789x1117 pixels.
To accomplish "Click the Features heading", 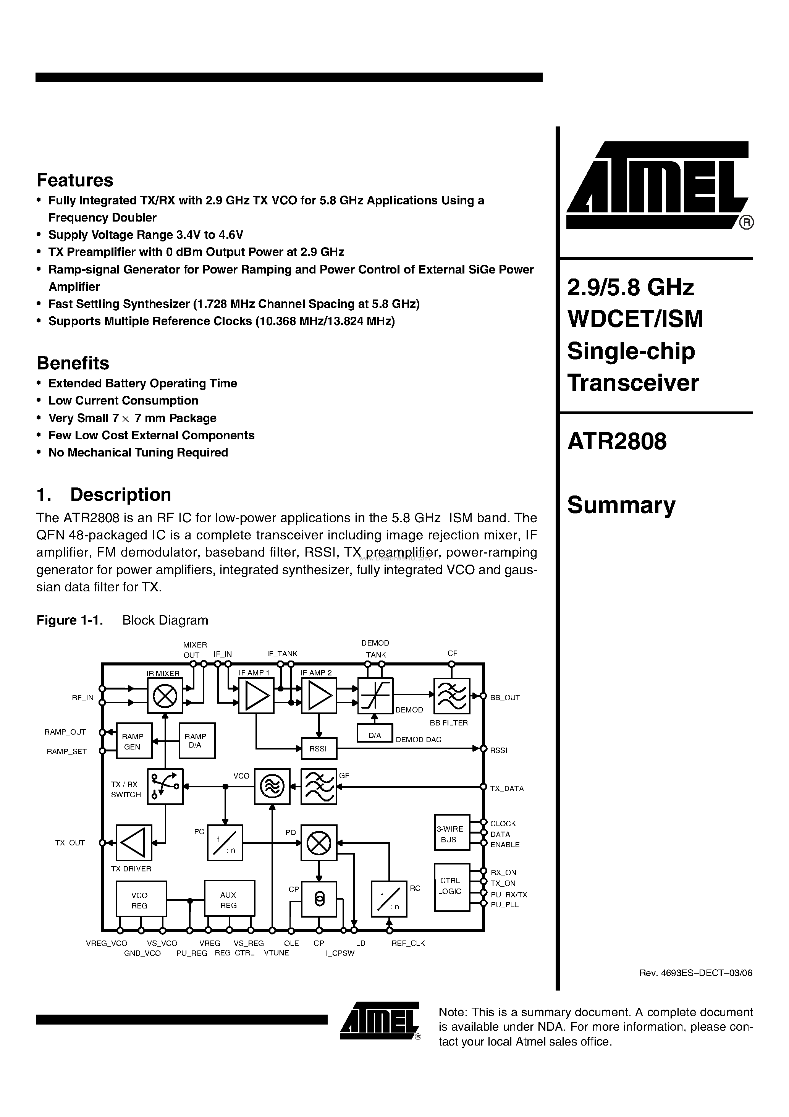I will tap(75, 180).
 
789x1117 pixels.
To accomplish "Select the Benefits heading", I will tap(73, 363).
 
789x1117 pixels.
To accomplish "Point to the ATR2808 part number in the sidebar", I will tap(617, 442).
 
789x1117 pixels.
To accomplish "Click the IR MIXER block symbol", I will tap(165, 696).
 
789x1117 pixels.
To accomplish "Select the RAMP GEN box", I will tap(133, 741).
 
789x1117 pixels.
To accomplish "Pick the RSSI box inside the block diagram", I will tap(319, 749).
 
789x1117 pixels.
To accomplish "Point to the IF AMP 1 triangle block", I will tap(256, 696).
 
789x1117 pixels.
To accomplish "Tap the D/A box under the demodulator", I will tap(375, 735).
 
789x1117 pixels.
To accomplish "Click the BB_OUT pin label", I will tap(505, 698).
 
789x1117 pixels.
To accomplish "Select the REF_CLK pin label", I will tap(408, 943).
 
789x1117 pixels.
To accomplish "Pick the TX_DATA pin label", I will tap(507, 788).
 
